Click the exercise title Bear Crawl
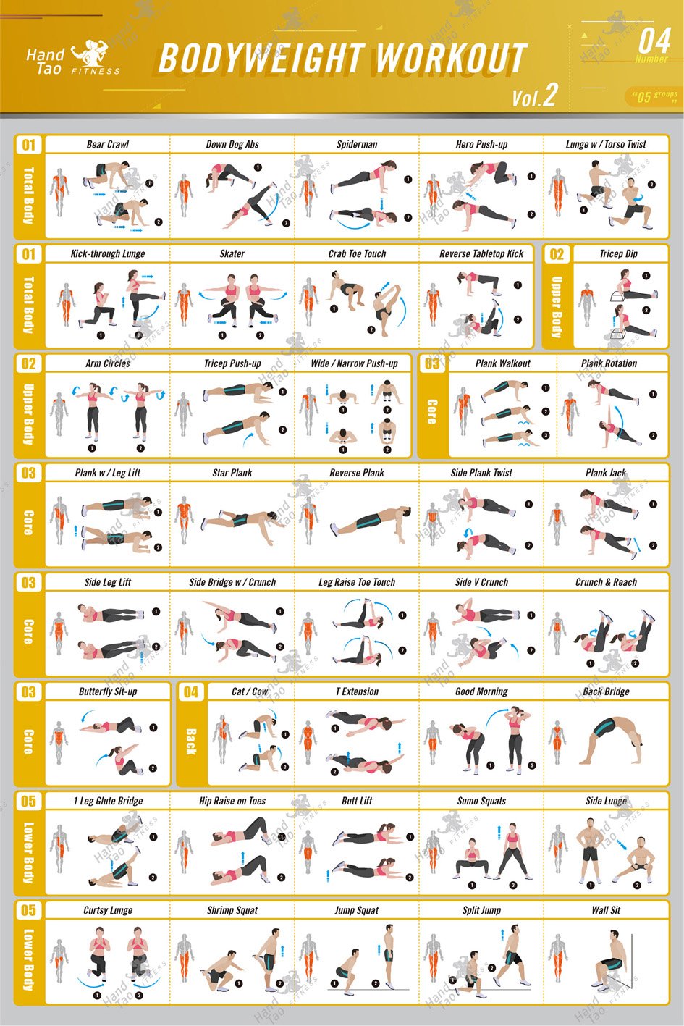(108, 144)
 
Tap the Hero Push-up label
(481, 144)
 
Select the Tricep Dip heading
(619, 253)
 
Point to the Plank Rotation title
(609, 363)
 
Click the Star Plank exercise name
(232, 473)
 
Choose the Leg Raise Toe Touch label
(357, 582)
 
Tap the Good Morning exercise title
(481, 691)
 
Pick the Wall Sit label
(606, 910)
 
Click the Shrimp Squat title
(232, 910)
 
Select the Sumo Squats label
(481, 801)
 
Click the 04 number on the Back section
(191, 691)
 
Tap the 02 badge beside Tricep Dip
(557, 254)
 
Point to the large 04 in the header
(655, 41)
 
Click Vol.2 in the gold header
(535, 96)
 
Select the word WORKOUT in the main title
(450, 58)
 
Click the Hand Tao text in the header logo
(44, 62)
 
